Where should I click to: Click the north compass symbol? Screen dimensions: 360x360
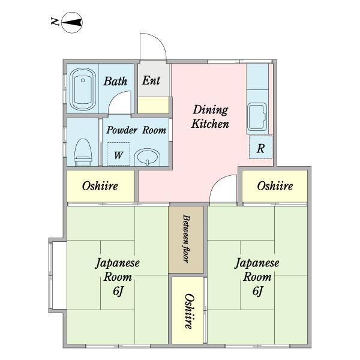pyautogui.click(x=72, y=23)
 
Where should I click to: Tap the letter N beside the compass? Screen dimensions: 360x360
pyautogui.click(x=55, y=22)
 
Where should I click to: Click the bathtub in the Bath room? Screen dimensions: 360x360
pyautogui.click(x=83, y=89)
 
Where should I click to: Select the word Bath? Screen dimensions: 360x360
pyautogui.click(x=115, y=82)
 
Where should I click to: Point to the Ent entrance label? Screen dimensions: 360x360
pyautogui.click(x=151, y=80)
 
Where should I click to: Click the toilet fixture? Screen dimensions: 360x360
pyautogui.click(x=83, y=152)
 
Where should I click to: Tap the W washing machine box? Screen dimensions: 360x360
pyautogui.click(x=118, y=154)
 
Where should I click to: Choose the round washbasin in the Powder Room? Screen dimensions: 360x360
pyautogui.click(x=147, y=157)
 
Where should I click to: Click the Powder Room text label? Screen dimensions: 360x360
pyautogui.click(x=136, y=130)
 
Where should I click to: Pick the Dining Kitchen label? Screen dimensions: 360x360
pyautogui.click(x=210, y=116)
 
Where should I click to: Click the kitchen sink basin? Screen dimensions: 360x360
pyautogui.click(x=257, y=116)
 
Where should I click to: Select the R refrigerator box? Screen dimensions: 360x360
pyautogui.click(x=260, y=147)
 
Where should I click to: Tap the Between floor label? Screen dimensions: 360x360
pyautogui.click(x=186, y=239)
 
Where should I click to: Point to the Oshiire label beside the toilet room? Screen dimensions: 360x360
pyautogui.click(x=100, y=186)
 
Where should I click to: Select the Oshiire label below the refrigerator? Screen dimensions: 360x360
pyautogui.click(x=275, y=186)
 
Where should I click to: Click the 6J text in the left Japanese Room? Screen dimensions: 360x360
pyautogui.click(x=118, y=292)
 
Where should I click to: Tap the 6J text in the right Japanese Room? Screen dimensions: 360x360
pyautogui.click(x=258, y=292)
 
